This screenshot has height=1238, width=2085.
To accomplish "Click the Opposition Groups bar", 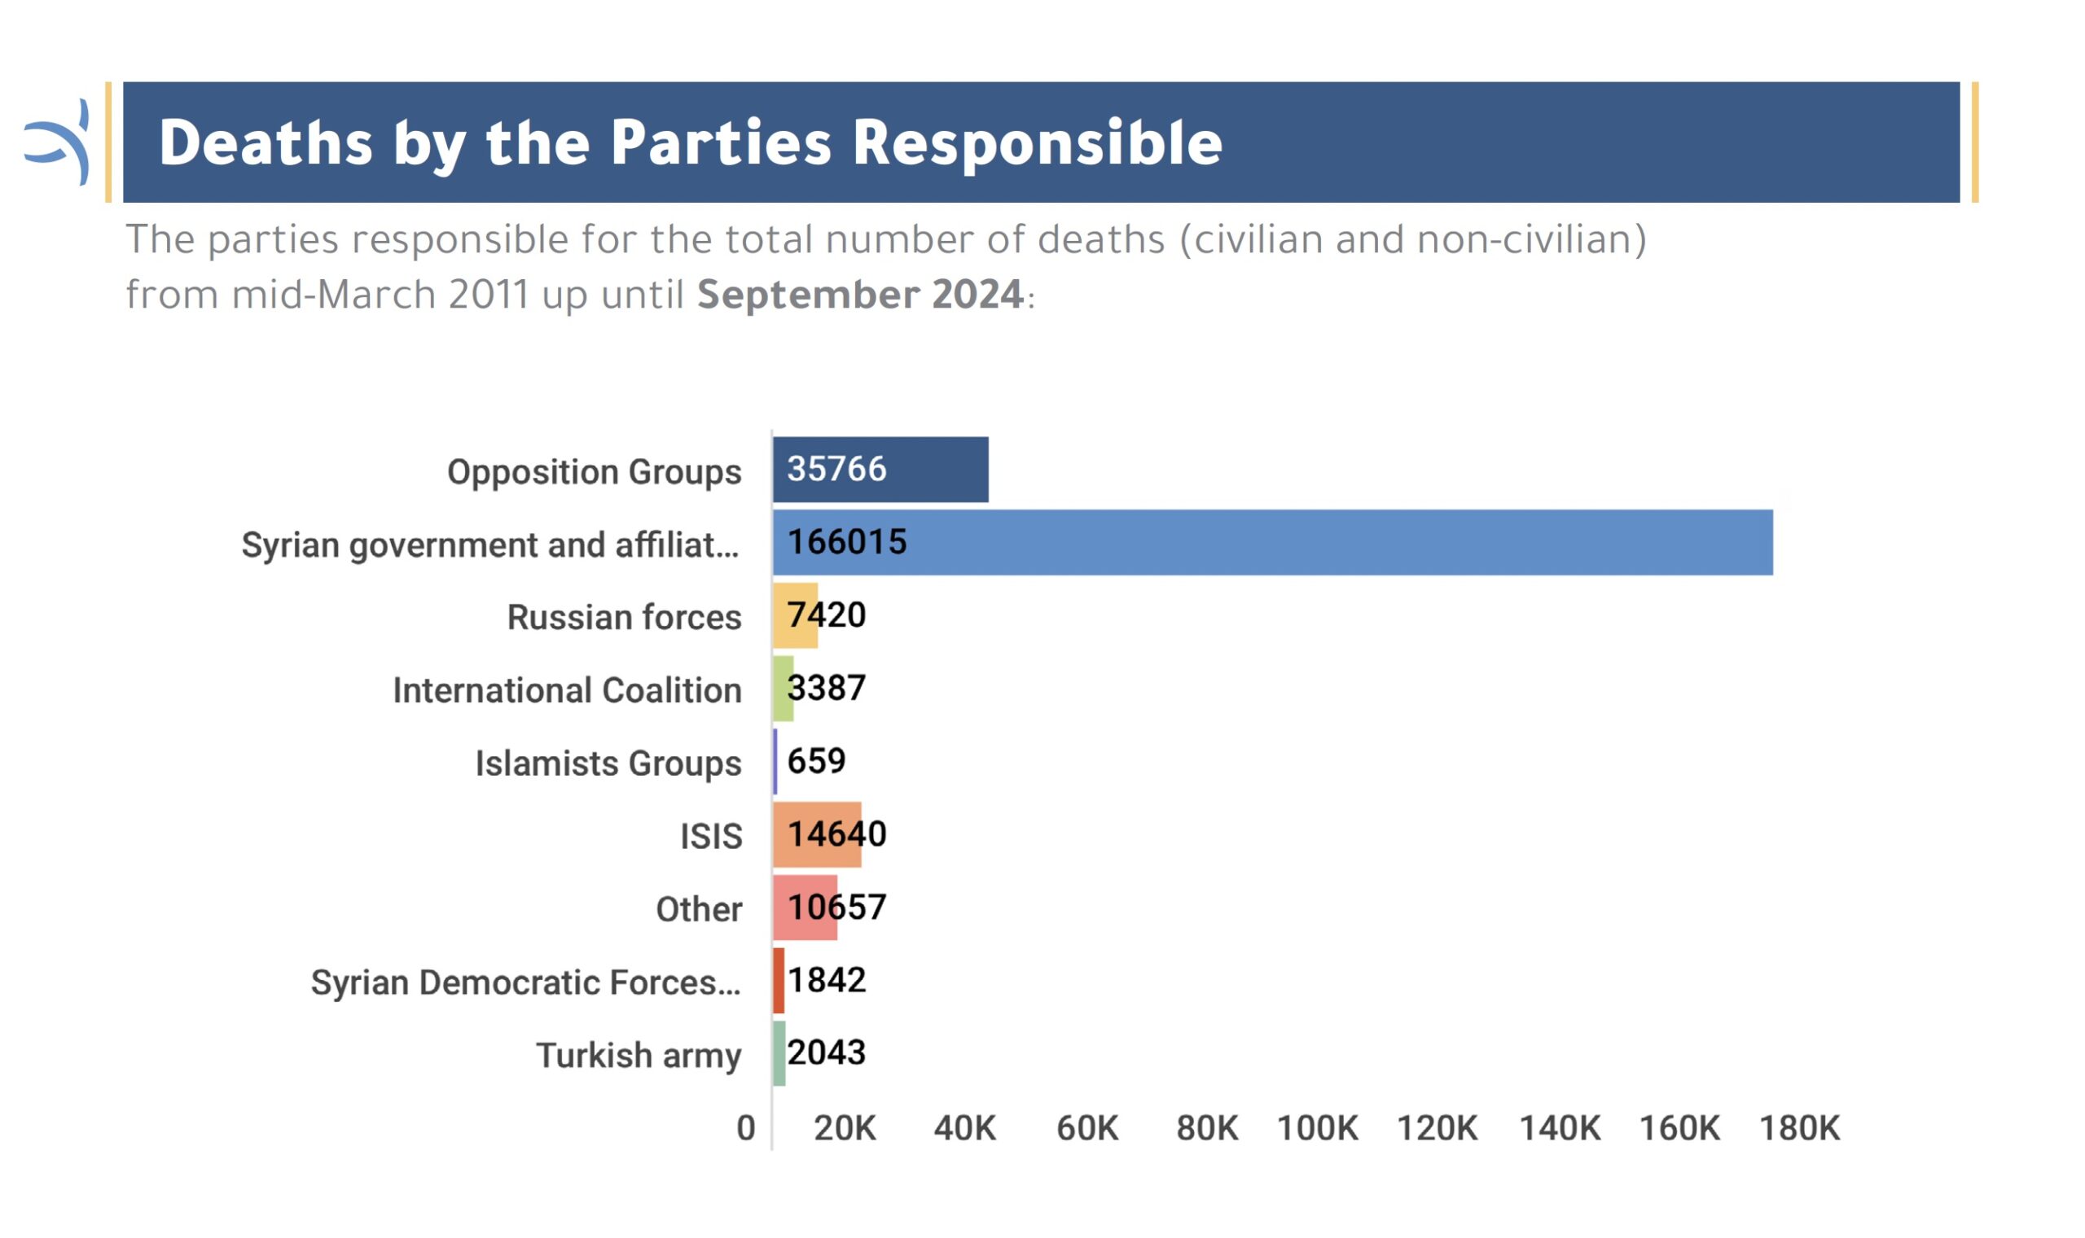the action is [880, 469].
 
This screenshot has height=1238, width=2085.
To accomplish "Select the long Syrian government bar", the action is [1272, 542].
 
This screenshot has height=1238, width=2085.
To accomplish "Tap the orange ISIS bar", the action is [816, 834].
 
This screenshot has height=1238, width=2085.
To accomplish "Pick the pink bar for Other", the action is [805, 907].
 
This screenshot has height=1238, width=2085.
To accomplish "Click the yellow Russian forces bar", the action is [795, 615].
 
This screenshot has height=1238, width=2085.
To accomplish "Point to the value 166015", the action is [846, 542].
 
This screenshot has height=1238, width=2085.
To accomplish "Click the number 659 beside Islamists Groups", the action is [816, 761].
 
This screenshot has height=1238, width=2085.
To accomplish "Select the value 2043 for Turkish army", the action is [827, 1052].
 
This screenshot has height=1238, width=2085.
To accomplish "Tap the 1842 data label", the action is [827, 980].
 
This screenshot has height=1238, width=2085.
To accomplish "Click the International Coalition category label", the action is [567, 690].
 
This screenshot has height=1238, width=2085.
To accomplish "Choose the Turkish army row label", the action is [639, 1056].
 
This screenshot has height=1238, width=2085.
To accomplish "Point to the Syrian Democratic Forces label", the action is [526, 982].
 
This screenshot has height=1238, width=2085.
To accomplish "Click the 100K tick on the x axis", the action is [1317, 1128].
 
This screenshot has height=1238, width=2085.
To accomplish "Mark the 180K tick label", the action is [1798, 1128].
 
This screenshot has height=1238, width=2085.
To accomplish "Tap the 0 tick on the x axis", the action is [746, 1128].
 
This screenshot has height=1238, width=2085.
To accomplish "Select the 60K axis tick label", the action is [1086, 1128].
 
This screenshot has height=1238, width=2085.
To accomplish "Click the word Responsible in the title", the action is [1038, 144].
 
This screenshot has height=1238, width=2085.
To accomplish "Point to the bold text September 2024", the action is [860, 295].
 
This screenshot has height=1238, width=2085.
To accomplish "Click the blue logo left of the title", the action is [57, 142].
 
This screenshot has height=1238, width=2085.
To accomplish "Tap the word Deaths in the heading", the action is [266, 142].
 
